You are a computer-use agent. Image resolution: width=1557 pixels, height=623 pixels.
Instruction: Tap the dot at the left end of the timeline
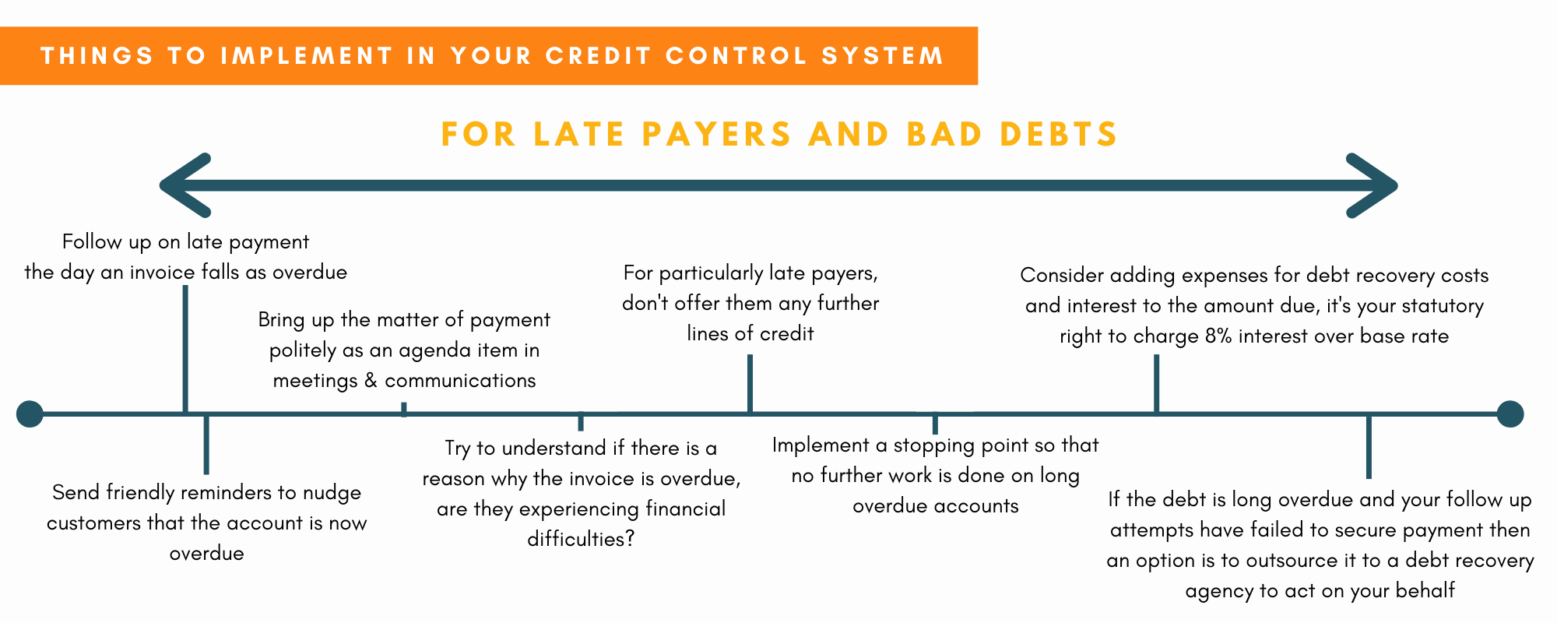[x=30, y=414]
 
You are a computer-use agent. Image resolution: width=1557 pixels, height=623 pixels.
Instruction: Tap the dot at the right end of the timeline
[x=1510, y=414]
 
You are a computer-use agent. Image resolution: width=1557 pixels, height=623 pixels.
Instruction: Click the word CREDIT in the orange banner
[x=597, y=56]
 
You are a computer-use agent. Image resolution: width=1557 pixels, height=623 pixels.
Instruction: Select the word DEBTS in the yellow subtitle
[x=1059, y=134]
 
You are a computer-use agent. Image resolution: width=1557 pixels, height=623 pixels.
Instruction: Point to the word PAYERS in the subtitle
[x=717, y=134]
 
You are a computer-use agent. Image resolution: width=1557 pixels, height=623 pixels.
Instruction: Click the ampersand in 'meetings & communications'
[x=370, y=381]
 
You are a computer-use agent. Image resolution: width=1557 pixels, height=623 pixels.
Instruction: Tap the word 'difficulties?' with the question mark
[x=581, y=539]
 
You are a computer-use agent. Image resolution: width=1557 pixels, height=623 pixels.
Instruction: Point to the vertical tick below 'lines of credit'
[x=750, y=383]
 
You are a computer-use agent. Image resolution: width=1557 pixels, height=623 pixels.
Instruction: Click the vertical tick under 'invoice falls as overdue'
[x=185, y=348]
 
